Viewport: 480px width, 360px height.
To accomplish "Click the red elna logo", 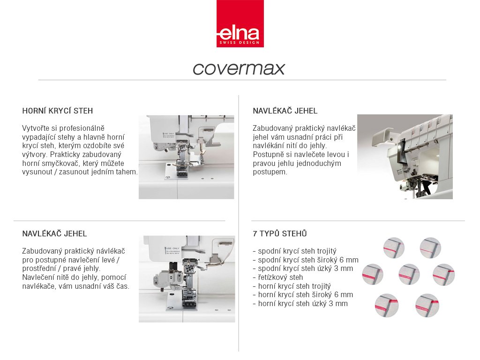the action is click(x=240, y=23).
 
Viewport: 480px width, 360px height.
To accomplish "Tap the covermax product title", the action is click(x=239, y=68).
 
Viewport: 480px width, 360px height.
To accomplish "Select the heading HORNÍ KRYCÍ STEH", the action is click(x=58, y=111).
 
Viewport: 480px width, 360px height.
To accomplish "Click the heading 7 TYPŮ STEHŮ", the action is click(x=280, y=233).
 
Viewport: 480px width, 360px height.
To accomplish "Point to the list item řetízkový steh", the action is click(x=277, y=277).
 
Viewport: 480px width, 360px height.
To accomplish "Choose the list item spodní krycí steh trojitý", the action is click(x=294, y=251).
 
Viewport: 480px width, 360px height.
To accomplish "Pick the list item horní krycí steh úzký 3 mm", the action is click(x=300, y=304).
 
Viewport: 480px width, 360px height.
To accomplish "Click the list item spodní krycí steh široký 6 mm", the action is click(x=306, y=260).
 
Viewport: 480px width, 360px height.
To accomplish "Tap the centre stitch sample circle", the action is click(x=409, y=274).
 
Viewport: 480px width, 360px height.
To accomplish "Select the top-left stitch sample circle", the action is click(x=394, y=247).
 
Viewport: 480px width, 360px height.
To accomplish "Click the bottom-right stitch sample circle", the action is click(x=426, y=305).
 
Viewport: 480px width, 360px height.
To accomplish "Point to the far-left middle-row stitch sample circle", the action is click(x=373, y=274).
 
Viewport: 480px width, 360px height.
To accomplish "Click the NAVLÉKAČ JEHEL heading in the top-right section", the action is click(x=285, y=111).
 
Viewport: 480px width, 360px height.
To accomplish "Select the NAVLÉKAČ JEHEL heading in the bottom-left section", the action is click(x=54, y=234).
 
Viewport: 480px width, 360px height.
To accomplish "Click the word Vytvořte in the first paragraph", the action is click(x=36, y=128).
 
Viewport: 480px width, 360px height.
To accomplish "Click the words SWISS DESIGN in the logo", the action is click(x=240, y=43).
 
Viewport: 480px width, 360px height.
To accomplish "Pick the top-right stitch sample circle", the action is click(x=430, y=247).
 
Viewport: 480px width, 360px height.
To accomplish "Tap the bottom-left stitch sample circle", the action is click(x=386, y=305).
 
